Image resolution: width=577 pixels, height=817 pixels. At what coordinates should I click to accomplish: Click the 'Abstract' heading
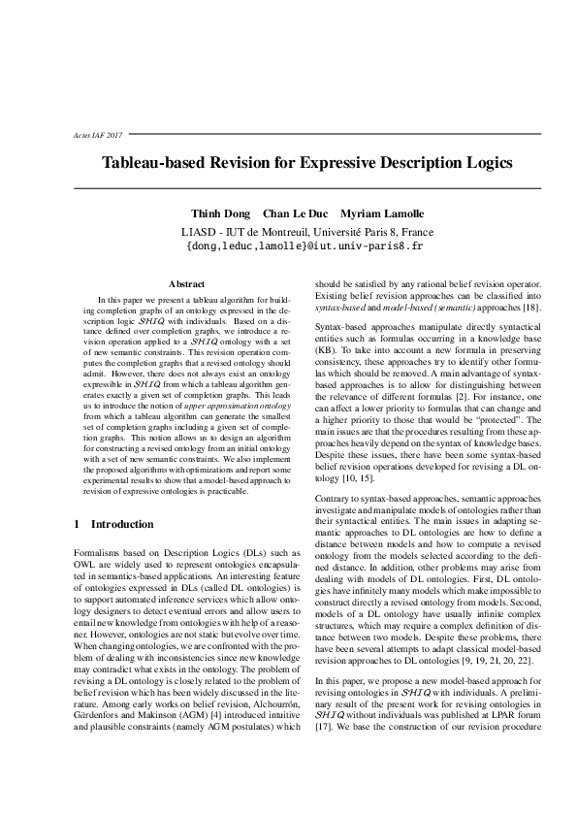point(186,283)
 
